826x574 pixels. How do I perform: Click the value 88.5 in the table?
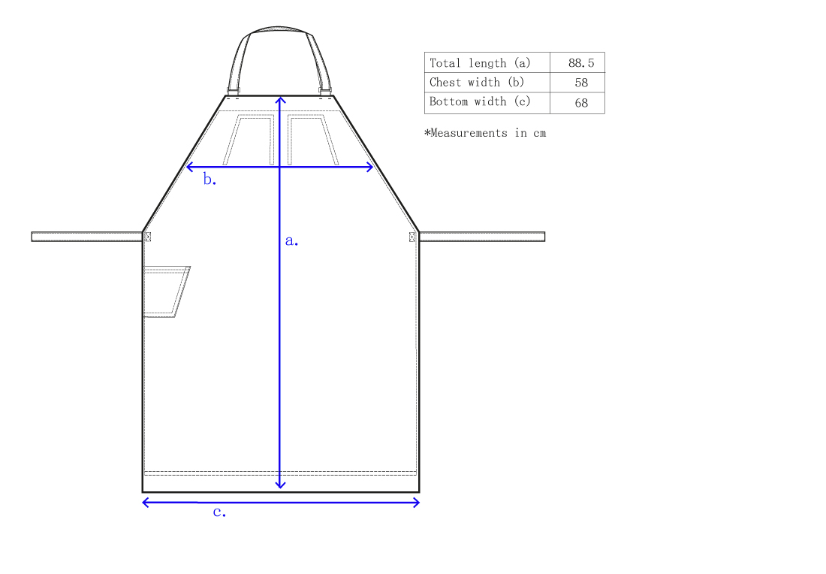pos(580,63)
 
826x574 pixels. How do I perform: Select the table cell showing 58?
pos(580,83)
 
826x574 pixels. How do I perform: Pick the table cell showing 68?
pos(580,103)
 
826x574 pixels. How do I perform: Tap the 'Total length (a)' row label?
pos(480,63)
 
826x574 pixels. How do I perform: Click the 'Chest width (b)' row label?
pos(477,83)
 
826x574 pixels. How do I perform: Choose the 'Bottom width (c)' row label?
pos(480,102)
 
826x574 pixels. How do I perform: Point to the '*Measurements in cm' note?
pos(485,133)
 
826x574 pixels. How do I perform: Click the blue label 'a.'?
pos(291,241)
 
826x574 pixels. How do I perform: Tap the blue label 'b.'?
pos(210,180)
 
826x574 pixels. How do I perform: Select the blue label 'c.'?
pos(219,512)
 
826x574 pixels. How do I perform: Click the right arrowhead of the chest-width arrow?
pos(371,167)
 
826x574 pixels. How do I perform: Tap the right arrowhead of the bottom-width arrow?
pos(417,503)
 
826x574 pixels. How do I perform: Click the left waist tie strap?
pos(86,237)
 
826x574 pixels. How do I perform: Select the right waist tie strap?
pos(481,237)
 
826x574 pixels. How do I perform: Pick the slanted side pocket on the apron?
pos(165,292)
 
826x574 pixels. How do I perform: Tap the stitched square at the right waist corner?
pos(411,237)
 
